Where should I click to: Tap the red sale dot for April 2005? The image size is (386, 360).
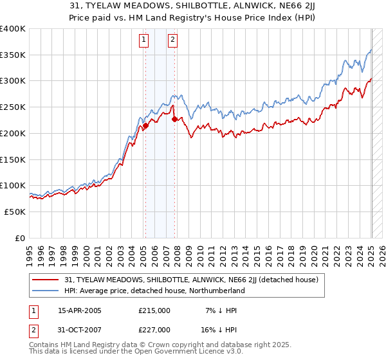tap(145, 126)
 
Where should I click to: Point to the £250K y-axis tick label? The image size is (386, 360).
tap(13, 107)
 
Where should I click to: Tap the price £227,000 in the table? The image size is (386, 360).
tap(154, 330)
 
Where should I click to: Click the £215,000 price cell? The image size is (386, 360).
tap(154, 310)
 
